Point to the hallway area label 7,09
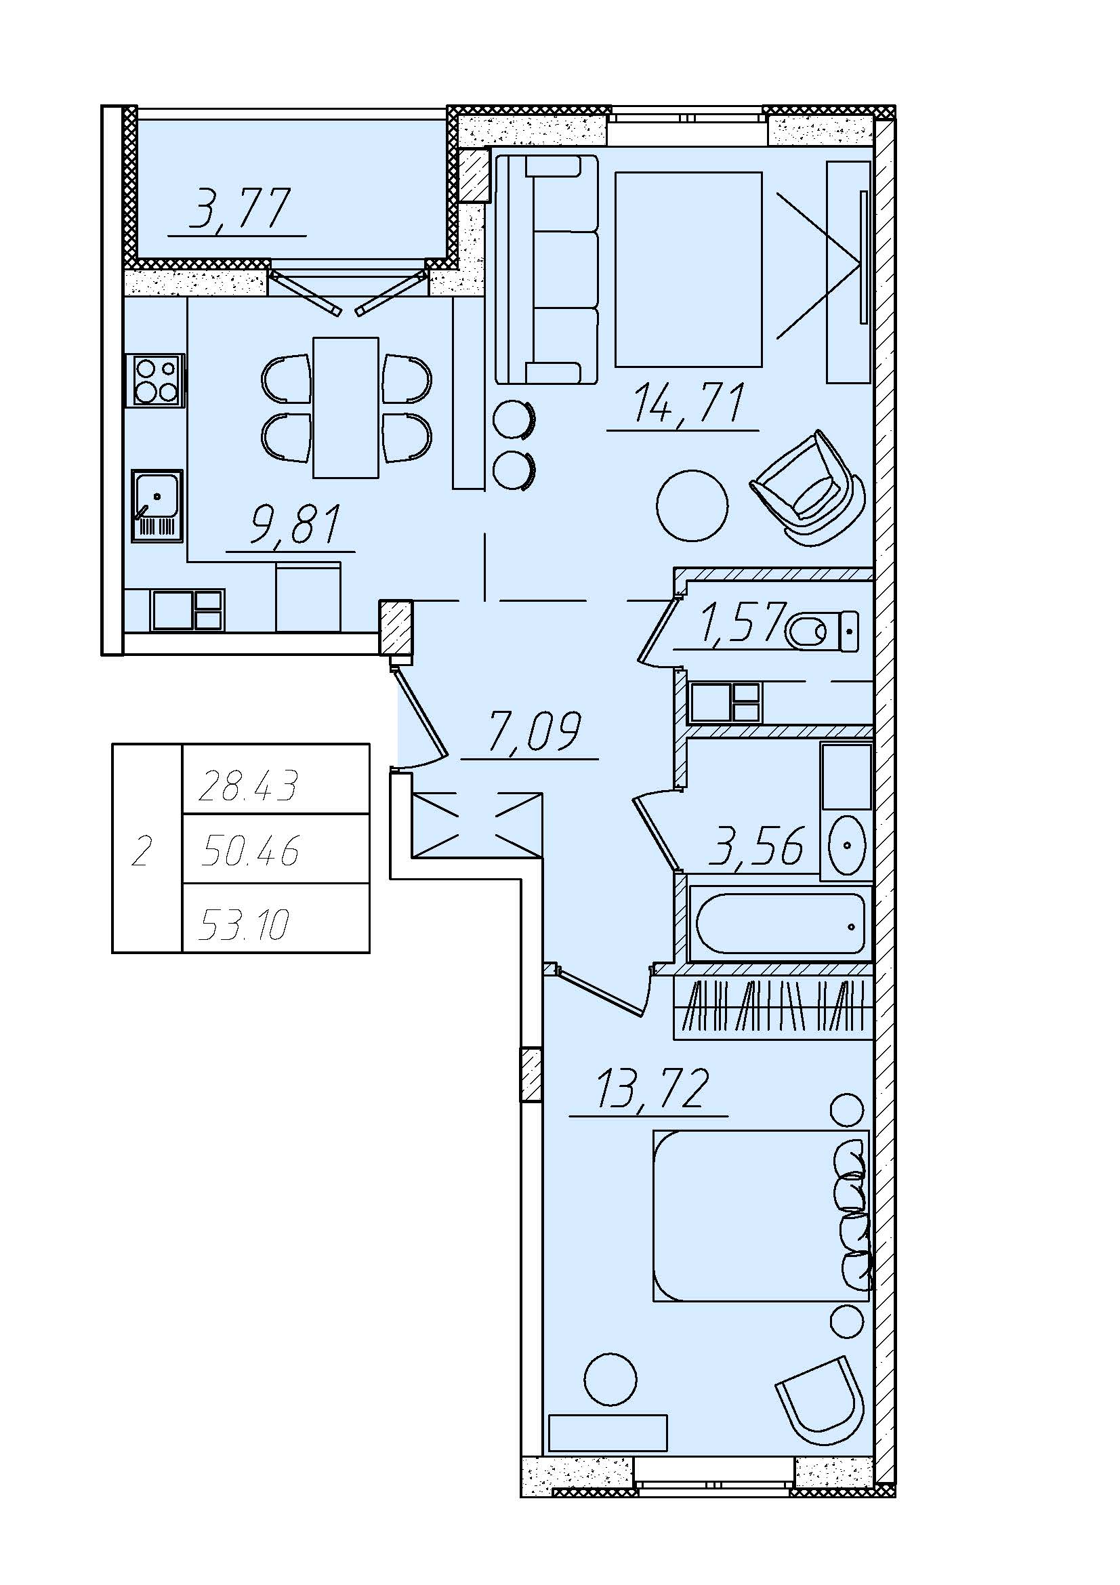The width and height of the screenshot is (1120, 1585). [535, 731]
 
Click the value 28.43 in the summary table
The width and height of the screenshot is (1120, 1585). [249, 786]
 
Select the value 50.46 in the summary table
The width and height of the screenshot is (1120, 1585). [250, 851]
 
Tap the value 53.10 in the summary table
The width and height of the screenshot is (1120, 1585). [244, 925]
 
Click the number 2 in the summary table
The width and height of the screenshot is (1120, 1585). [142, 852]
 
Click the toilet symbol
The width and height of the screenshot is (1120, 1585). [822, 631]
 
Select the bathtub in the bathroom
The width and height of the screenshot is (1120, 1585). [781, 924]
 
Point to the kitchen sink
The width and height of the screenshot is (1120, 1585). [157, 506]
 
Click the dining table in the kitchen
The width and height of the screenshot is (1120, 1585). [346, 407]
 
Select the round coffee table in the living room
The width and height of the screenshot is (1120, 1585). [692, 506]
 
